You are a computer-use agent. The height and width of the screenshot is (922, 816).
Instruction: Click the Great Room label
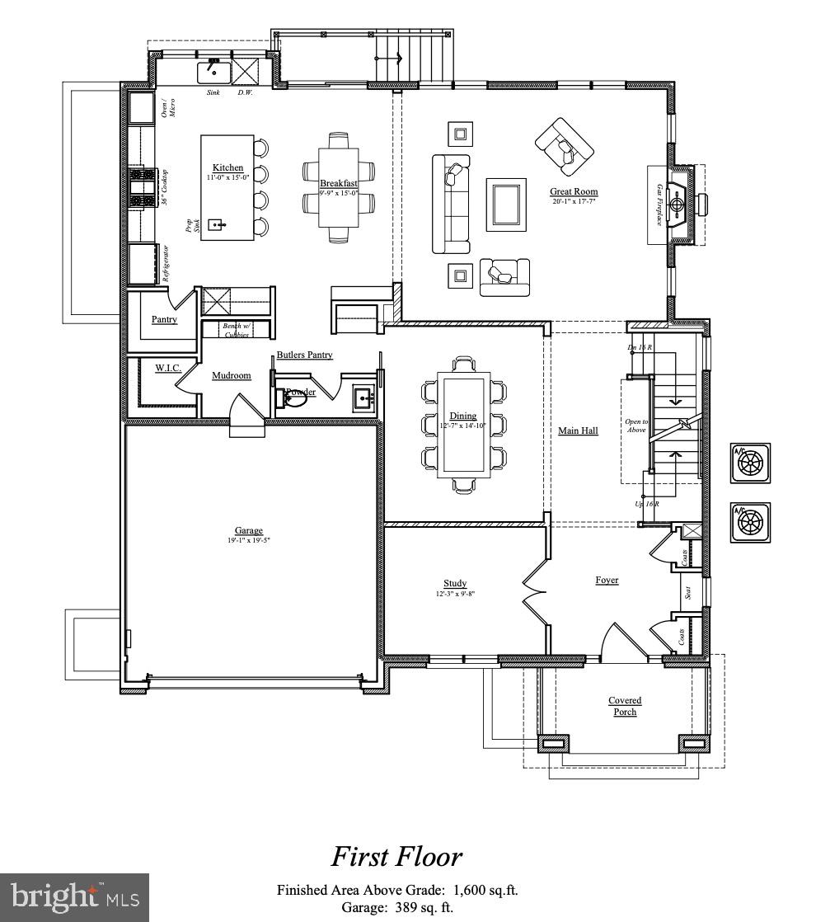click(574, 192)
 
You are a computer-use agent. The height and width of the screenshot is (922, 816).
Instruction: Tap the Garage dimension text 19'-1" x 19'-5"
click(248, 540)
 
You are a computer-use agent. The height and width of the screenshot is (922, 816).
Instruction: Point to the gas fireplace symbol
click(677, 204)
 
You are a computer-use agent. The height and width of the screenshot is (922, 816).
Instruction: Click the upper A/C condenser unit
click(751, 463)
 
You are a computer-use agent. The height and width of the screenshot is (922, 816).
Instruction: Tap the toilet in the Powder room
click(293, 399)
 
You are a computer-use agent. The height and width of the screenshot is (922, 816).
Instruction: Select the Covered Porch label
click(625, 706)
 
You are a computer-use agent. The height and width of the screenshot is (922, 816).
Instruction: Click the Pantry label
click(164, 319)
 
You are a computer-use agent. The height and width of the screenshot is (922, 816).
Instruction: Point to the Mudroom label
click(231, 375)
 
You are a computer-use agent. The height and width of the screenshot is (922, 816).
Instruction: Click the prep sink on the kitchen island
click(218, 224)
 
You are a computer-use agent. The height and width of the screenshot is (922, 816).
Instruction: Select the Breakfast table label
click(338, 184)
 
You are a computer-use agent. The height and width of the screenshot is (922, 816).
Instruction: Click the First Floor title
click(396, 857)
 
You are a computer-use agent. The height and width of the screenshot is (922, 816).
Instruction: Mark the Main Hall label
click(578, 430)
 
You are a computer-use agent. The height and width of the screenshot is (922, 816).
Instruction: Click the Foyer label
click(607, 580)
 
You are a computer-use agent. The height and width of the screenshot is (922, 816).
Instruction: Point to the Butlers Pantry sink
click(363, 399)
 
